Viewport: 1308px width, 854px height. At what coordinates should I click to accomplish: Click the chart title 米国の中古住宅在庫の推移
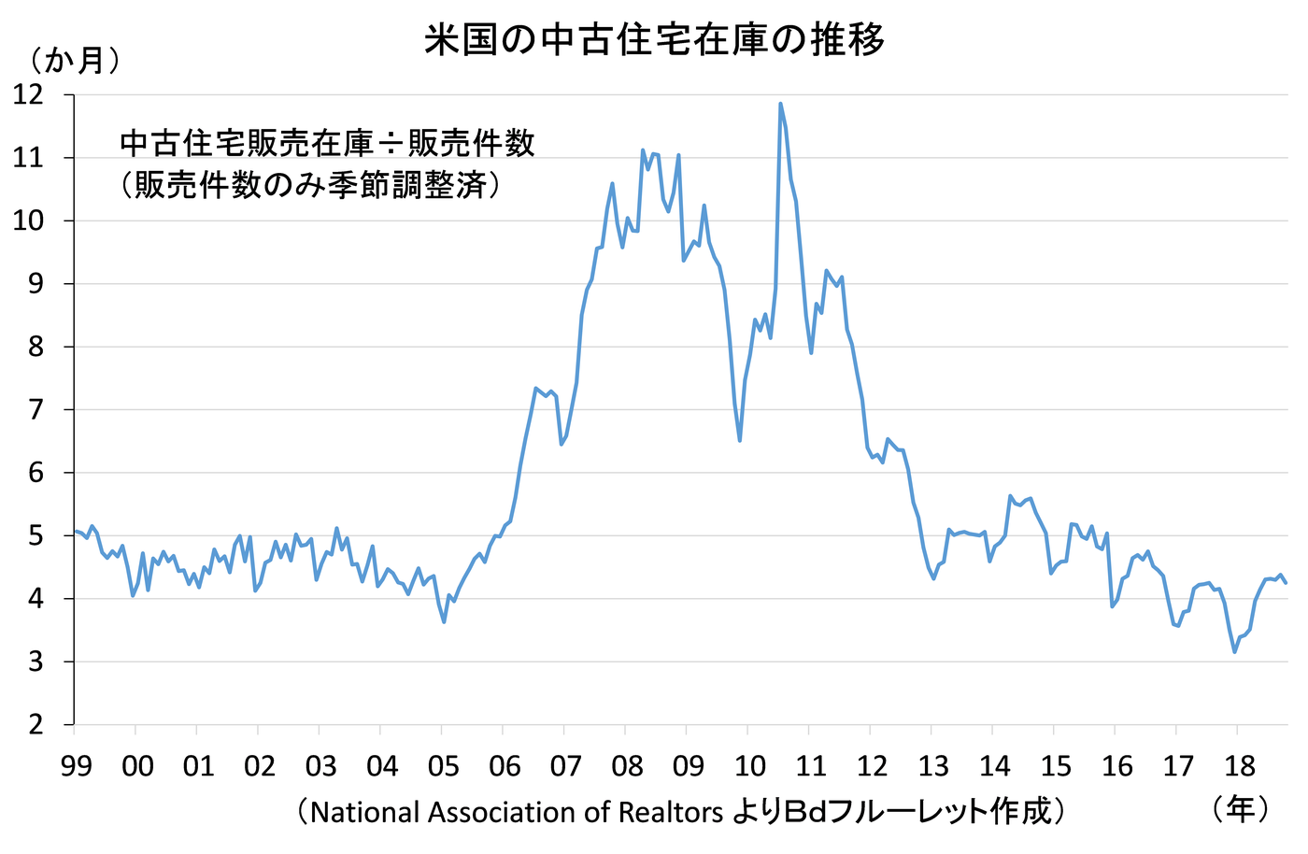[654, 40]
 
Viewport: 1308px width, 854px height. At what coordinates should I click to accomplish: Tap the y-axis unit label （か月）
[75, 61]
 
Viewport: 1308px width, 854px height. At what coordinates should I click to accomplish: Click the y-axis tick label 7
[35, 409]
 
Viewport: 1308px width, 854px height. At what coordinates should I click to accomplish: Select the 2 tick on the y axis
[35, 724]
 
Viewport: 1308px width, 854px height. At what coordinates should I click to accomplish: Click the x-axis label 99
[76, 767]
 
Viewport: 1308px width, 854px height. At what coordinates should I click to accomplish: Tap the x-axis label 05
[443, 767]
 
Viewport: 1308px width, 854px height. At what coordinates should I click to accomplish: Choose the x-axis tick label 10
[749, 767]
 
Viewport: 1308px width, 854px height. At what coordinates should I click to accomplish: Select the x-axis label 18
[1239, 767]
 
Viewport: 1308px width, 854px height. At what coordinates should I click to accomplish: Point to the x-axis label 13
[932, 767]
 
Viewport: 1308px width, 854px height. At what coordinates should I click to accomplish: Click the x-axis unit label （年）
[1240, 809]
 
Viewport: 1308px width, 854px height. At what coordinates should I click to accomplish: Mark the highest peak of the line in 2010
[780, 104]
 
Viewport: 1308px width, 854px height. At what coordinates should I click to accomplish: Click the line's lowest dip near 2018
[1234, 651]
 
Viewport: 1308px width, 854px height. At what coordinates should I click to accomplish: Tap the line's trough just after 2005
[444, 621]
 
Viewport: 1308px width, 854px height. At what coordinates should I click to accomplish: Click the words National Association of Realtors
[517, 812]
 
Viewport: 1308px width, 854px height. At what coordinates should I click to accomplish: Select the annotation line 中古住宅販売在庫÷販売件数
[328, 143]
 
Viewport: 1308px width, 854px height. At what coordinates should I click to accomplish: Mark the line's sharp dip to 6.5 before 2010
[740, 440]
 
